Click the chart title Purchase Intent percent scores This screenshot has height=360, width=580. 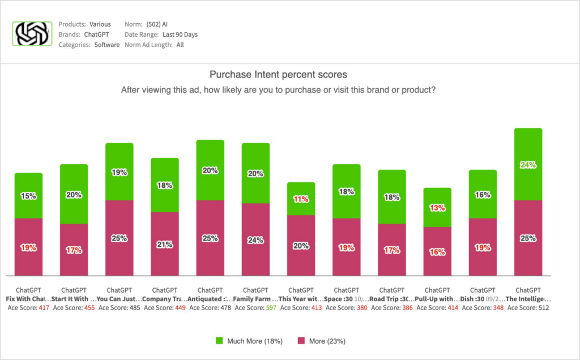[x=278, y=74]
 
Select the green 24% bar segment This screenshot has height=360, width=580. [x=528, y=164]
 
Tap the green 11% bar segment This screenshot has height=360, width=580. [x=301, y=199]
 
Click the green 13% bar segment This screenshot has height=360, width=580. [x=437, y=207]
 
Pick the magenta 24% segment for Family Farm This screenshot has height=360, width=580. [x=255, y=239]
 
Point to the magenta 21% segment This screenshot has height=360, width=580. [x=165, y=244]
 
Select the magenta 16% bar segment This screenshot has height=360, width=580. [x=437, y=252]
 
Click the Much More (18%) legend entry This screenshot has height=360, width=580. [x=249, y=341]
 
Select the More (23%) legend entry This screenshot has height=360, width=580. [x=321, y=341]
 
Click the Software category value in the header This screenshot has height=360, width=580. [x=106, y=45]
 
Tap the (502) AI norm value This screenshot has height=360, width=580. [x=157, y=24]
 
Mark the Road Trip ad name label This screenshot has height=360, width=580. [x=392, y=299]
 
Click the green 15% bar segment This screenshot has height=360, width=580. [x=28, y=196]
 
